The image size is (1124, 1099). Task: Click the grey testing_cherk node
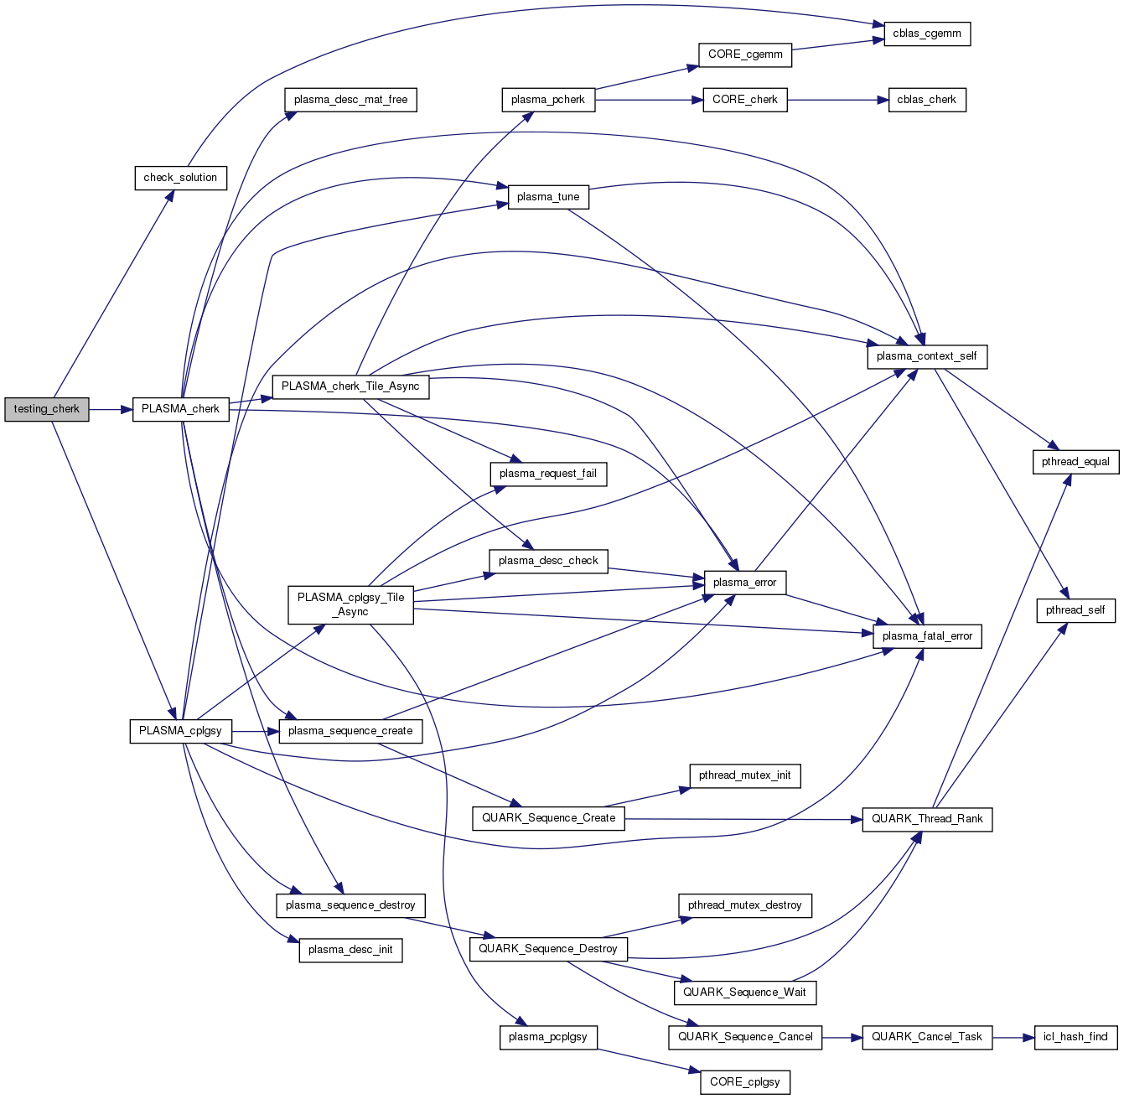(x=46, y=409)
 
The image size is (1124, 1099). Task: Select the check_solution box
(x=180, y=178)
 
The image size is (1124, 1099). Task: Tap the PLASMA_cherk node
(x=180, y=409)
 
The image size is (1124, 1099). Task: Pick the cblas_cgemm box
(x=927, y=34)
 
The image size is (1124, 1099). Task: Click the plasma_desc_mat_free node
(x=350, y=100)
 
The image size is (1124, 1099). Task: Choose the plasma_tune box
(x=548, y=197)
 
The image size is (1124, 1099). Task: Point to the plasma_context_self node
(x=926, y=356)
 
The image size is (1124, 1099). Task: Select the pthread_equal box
(x=1075, y=462)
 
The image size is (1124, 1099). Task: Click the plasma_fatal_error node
(x=927, y=636)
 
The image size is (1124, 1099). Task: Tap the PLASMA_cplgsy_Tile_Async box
(x=350, y=604)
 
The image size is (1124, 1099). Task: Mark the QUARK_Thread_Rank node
(x=927, y=819)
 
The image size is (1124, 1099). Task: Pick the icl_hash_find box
(x=1075, y=1037)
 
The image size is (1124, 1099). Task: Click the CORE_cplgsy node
(x=744, y=1082)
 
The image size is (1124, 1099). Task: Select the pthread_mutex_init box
(x=744, y=775)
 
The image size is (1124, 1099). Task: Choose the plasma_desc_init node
(x=350, y=950)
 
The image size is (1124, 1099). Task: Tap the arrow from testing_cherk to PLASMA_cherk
(x=110, y=409)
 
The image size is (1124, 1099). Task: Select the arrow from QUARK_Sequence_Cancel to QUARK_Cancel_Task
(x=842, y=1037)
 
